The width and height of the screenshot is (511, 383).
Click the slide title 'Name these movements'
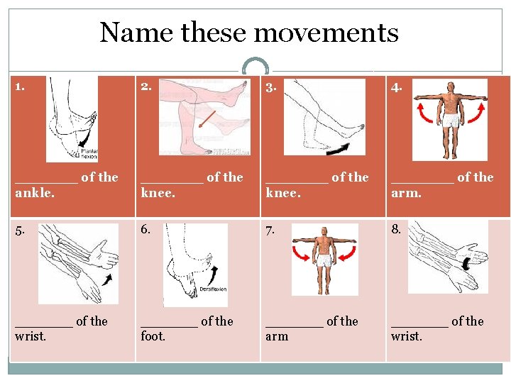coord(249,33)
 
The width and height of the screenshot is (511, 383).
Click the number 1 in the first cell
coord(20,87)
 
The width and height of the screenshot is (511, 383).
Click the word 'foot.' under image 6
coord(153,336)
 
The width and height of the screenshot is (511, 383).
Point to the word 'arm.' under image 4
coord(406,192)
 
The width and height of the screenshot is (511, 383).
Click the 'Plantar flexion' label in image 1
coord(89,152)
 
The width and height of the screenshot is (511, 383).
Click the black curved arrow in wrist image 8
coord(466,263)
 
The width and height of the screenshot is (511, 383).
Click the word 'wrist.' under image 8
coord(406,336)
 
